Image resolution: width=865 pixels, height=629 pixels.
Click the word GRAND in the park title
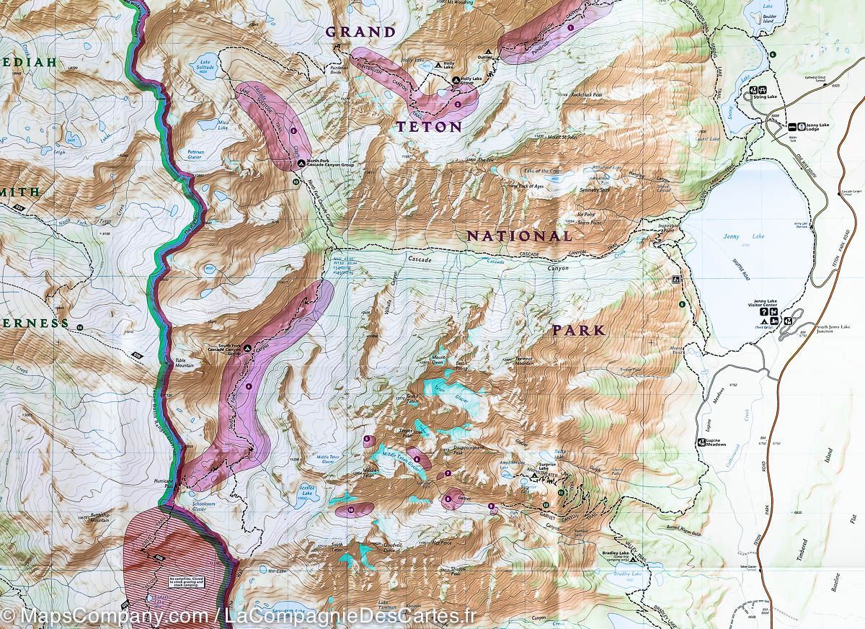coord(360,32)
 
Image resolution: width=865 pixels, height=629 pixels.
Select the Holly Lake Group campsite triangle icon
coord(456,80)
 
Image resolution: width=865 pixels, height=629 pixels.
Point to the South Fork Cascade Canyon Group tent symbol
coord(247,348)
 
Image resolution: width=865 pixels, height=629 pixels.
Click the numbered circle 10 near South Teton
coord(351,509)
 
